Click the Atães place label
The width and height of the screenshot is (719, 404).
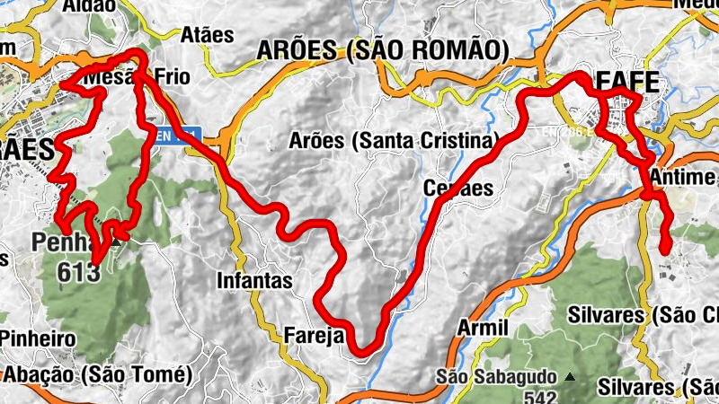pyautogui.click(x=207, y=36)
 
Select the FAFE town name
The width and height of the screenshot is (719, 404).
pyautogui.click(x=626, y=82)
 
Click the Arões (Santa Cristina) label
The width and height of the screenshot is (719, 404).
pyautogui.click(x=394, y=141)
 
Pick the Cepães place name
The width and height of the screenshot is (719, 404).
pyautogui.click(x=458, y=189)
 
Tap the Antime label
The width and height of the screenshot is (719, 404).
pyautogui.click(x=684, y=177)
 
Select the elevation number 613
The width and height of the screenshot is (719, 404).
pyautogui.click(x=77, y=272)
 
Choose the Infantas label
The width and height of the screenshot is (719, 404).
pyautogui.click(x=254, y=281)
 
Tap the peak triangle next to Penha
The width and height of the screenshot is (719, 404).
pyautogui.click(x=117, y=240)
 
